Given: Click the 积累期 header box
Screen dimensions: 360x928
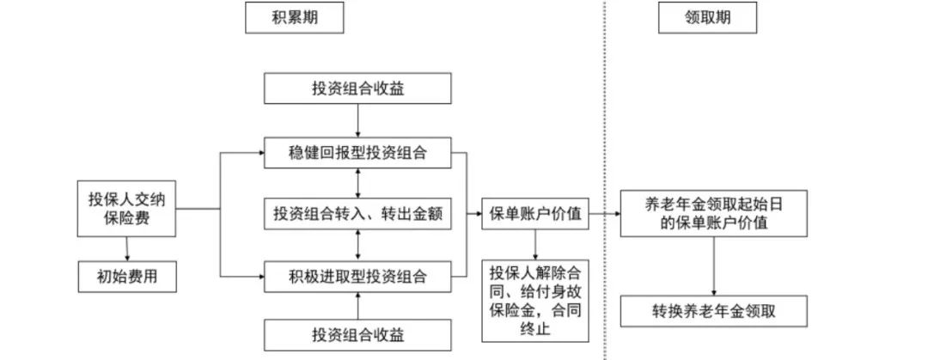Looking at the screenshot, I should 294,17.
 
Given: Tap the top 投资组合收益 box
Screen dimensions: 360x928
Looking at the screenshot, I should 357,88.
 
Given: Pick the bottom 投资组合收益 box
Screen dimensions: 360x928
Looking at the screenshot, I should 357,333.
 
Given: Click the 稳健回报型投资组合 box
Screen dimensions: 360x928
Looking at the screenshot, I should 357,154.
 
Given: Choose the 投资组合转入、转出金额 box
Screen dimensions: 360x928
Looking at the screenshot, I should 357,214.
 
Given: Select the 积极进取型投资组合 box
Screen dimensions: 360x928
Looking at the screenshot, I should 357,277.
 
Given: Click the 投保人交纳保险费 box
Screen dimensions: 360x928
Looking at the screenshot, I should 126,209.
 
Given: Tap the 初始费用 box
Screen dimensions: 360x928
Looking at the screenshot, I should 126,277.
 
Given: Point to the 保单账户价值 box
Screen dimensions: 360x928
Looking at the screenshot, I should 534,214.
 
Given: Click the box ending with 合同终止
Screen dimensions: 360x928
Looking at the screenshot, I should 534,300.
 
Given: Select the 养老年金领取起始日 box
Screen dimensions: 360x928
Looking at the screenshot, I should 713,214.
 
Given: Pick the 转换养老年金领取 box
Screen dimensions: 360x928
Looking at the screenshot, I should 713,311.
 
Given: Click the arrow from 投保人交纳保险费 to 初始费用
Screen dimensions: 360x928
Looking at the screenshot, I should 126,248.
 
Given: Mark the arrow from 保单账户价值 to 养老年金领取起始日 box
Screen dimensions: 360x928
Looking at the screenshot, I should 604,214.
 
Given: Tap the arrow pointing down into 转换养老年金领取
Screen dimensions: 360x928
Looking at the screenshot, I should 713,266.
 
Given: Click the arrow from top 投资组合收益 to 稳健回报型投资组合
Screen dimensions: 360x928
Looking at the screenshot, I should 357,120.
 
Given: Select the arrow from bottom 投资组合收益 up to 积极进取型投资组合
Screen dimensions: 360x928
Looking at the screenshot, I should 357,305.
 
